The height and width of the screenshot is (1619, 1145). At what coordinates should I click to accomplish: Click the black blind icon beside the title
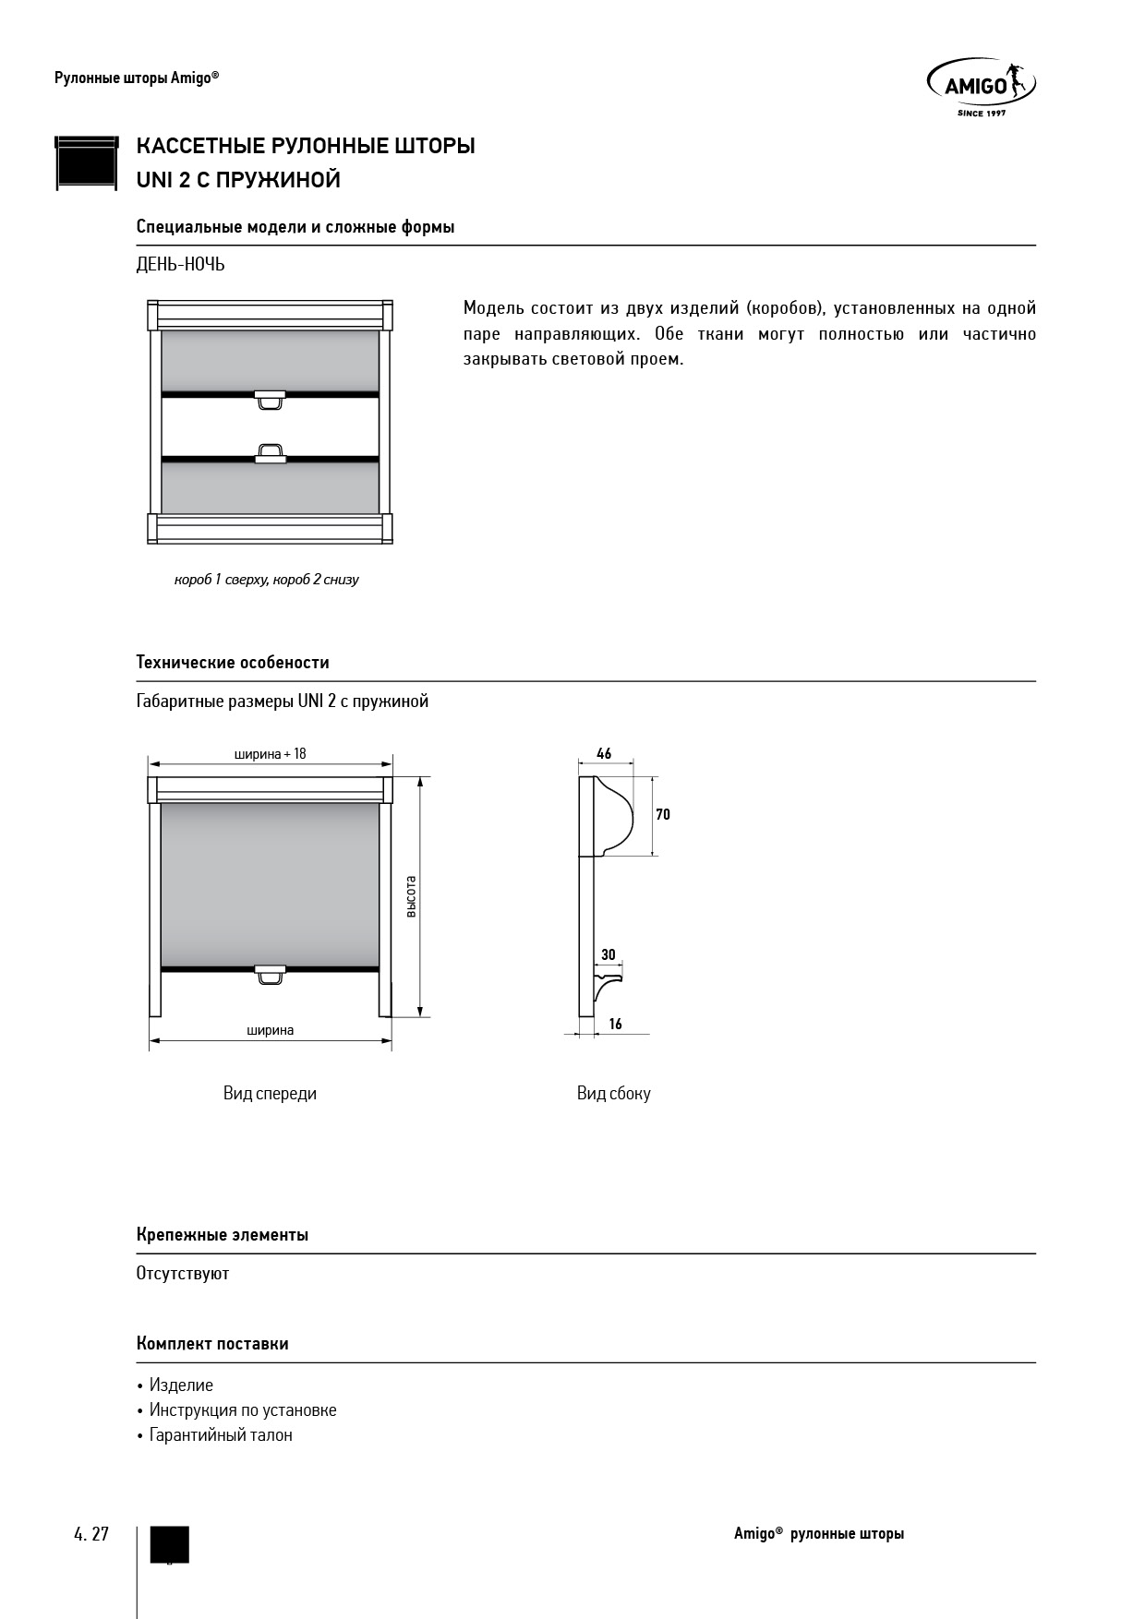[x=87, y=163]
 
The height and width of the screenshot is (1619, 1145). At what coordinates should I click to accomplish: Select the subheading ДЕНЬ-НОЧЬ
[x=180, y=265]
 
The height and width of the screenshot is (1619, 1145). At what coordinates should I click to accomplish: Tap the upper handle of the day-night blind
[x=270, y=399]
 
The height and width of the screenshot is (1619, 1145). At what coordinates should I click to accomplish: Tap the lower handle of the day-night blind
[x=270, y=453]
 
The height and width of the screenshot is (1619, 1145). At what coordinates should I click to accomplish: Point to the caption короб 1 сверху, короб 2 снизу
[x=266, y=580]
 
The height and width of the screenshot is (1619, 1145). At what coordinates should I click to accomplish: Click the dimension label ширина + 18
[x=270, y=754]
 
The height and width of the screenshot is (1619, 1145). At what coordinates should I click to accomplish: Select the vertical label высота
[x=412, y=895]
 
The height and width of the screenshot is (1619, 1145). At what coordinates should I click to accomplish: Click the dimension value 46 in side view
[x=604, y=754]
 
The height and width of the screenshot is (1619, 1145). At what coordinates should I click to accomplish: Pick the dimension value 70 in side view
[x=663, y=814]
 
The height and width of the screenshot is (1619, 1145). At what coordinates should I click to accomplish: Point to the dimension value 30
[x=608, y=955]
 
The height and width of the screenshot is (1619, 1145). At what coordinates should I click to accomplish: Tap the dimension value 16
[x=616, y=1024]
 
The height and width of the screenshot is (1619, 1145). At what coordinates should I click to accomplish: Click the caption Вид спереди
[x=270, y=1094]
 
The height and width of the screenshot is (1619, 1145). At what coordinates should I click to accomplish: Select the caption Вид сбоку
[x=614, y=1094]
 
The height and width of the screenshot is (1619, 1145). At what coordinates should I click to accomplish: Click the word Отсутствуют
[x=183, y=1274]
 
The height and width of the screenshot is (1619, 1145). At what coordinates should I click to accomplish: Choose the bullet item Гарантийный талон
[x=221, y=1435]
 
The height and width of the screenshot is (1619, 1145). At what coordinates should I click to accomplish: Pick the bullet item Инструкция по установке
[x=243, y=1410]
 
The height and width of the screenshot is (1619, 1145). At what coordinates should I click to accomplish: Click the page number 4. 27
[x=91, y=1534]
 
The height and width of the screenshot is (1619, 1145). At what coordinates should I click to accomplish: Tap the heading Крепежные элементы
[x=223, y=1235]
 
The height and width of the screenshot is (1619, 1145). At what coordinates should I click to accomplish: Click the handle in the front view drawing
[x=270, y=975]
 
